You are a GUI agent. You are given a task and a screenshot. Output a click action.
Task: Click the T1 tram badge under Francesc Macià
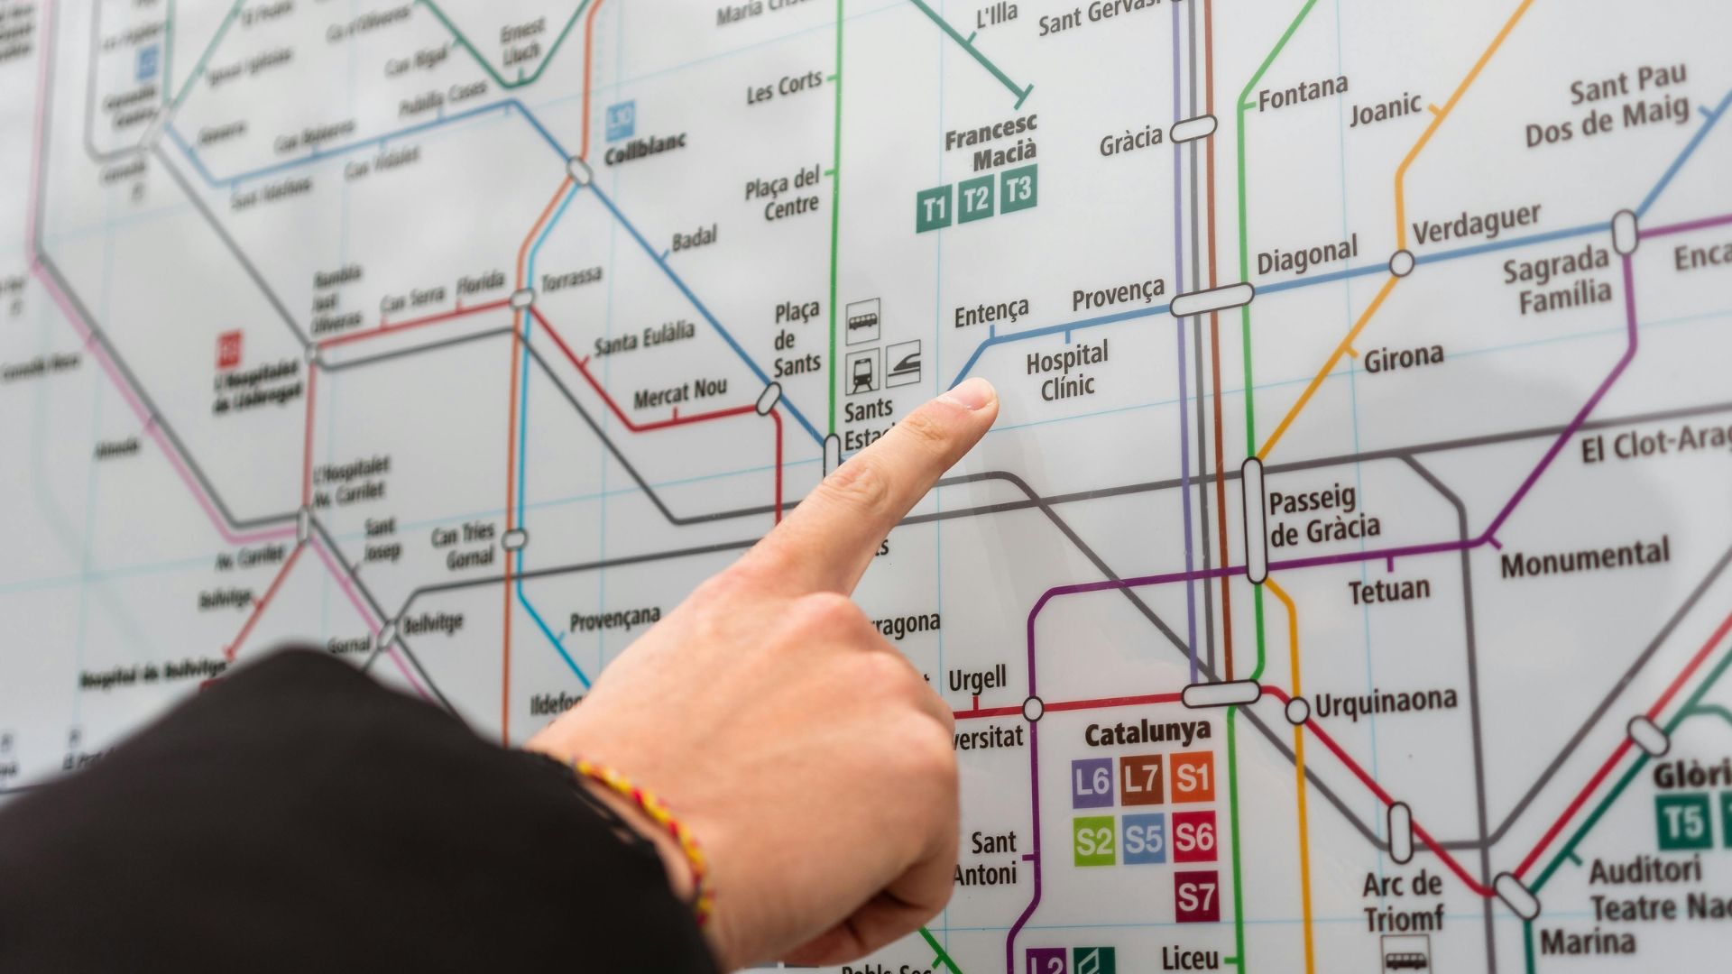click(x=935, y=210)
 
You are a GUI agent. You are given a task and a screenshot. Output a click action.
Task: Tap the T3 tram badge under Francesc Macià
click(x=1018, y=188)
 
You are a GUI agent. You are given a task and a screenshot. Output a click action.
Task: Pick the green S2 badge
click(x=1093, y=841)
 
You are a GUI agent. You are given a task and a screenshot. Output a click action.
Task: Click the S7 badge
click(x=1195, y=896)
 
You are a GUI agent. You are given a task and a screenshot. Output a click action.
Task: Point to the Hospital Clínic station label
click(x=1068, y=370)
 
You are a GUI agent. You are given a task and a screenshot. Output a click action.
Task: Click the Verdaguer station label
click(x=1476, y=223)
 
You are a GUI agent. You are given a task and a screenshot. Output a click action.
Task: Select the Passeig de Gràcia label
click(x=1322, y=516)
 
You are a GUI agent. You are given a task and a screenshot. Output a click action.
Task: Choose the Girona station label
click(x=1403, y=356)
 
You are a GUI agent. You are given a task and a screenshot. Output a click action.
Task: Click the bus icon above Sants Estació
click(x=862, y=321)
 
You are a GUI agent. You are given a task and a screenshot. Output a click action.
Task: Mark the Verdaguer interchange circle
click(x=1401, y=263)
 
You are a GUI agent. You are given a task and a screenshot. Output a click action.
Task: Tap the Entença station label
click(x=991, y=312)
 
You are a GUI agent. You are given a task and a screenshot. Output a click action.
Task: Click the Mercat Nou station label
click(x=680, y=392)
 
